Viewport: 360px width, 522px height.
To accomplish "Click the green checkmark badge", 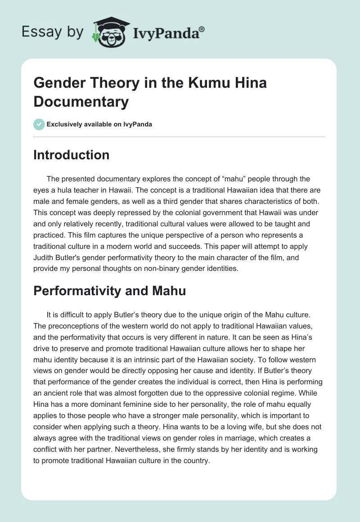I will (x=39, y=124).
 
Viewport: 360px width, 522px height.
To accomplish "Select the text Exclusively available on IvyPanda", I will (x=99, y=124).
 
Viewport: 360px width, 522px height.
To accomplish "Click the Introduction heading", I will (x=72, y=155).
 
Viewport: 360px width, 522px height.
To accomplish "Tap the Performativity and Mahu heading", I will (x=110, y=291).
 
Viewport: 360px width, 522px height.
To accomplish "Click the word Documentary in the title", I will (x=81, y=102).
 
